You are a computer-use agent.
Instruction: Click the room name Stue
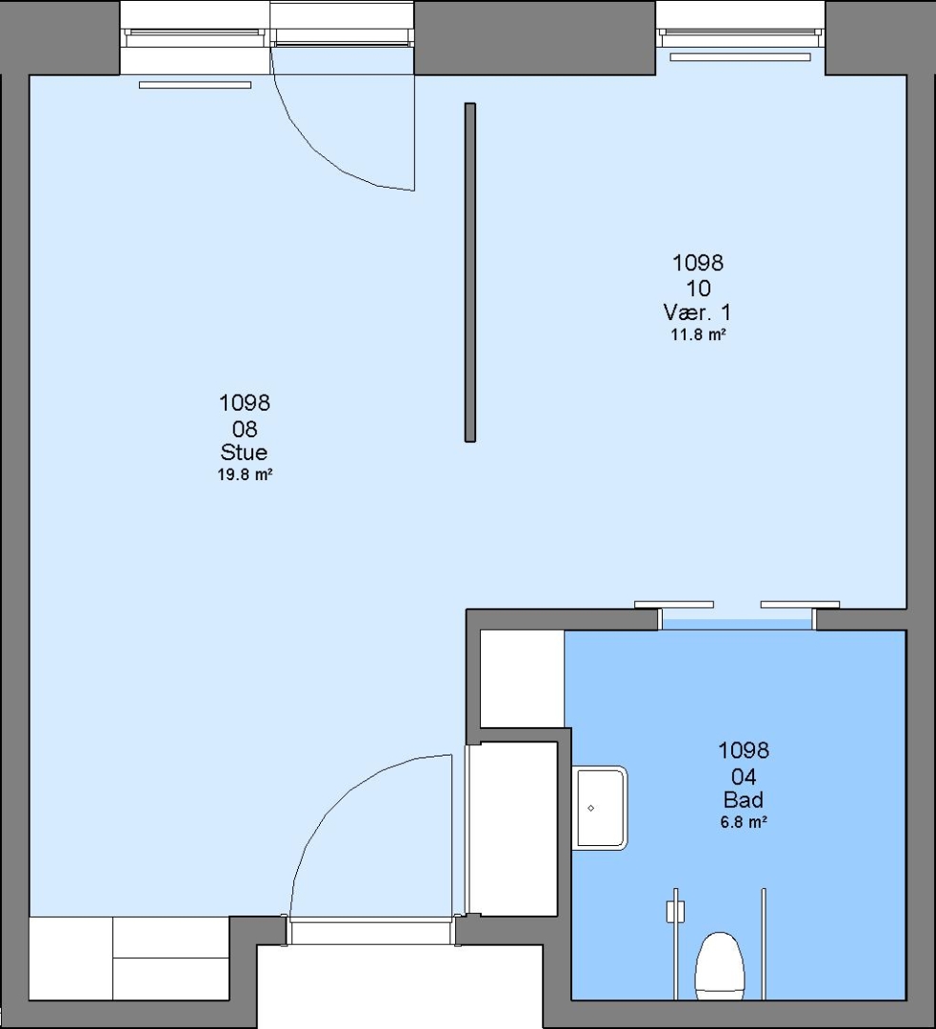tap(244, 453)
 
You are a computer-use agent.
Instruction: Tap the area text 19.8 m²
tap(245, 474)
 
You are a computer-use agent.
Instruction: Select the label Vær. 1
tap(697, 312)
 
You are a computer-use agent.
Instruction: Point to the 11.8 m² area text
tap(698, 334)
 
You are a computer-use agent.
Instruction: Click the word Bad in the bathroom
tap(743, 799)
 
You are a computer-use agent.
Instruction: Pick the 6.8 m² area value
tap(744, 821)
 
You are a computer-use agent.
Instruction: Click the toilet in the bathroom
tap(720, 965)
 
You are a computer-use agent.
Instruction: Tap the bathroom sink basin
tap(600, 809)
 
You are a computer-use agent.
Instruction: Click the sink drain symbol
tap(591, 808)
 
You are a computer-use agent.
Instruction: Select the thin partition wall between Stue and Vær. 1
tap(469, 272)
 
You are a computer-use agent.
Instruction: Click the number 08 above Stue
tap(245, 429)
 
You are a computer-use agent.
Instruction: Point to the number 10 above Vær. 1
tap(698, 288)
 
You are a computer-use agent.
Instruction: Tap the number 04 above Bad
tap(743, 777)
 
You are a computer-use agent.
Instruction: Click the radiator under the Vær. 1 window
tap(740, 57)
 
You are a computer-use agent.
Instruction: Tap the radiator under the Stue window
tap(195, 85)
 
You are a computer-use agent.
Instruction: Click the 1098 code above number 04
tap(743, 750)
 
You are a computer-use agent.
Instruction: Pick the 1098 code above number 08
tap(244, 402)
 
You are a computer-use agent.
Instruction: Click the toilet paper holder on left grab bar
tap(675, 911)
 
